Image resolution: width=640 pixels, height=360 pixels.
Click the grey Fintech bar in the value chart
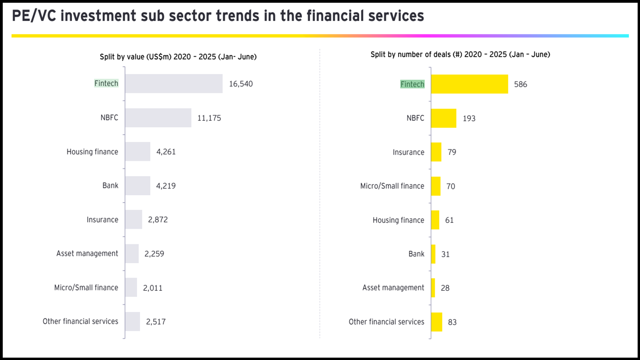click(174, 84)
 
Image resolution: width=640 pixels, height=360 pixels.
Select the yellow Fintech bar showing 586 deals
click(469, 84)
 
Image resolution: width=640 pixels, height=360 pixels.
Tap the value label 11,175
click(209, 118)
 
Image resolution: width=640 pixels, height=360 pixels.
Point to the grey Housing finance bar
click(138, 152)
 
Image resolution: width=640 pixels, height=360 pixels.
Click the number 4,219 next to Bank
click(166, 186)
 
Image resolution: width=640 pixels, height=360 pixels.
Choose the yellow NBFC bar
click(444, 118)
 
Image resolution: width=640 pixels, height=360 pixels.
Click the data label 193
click(469, 118)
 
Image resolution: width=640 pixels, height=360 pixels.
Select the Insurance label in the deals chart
click(408, 152)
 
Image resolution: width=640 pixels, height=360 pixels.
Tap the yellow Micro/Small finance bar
click(436, 186)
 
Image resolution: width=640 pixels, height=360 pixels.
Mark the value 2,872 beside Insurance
click(158, 220)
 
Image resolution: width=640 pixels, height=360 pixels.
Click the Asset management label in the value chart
click(87, 254)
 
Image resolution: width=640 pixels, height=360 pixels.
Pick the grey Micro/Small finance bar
click(131, 288)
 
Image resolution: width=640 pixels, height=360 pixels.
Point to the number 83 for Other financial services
click(452, 322)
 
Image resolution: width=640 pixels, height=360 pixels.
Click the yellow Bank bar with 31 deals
click(433, 254)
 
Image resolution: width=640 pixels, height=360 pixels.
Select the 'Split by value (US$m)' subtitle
click(178, 57)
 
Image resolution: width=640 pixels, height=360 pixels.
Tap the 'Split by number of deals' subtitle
click(460, 54)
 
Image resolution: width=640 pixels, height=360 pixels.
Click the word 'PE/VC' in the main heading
click(34, 16)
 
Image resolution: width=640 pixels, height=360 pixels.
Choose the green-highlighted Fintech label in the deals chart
click(412, 84)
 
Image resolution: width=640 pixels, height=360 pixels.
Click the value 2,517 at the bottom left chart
click(156, 322)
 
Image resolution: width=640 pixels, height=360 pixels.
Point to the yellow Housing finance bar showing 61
click(435, 220)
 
